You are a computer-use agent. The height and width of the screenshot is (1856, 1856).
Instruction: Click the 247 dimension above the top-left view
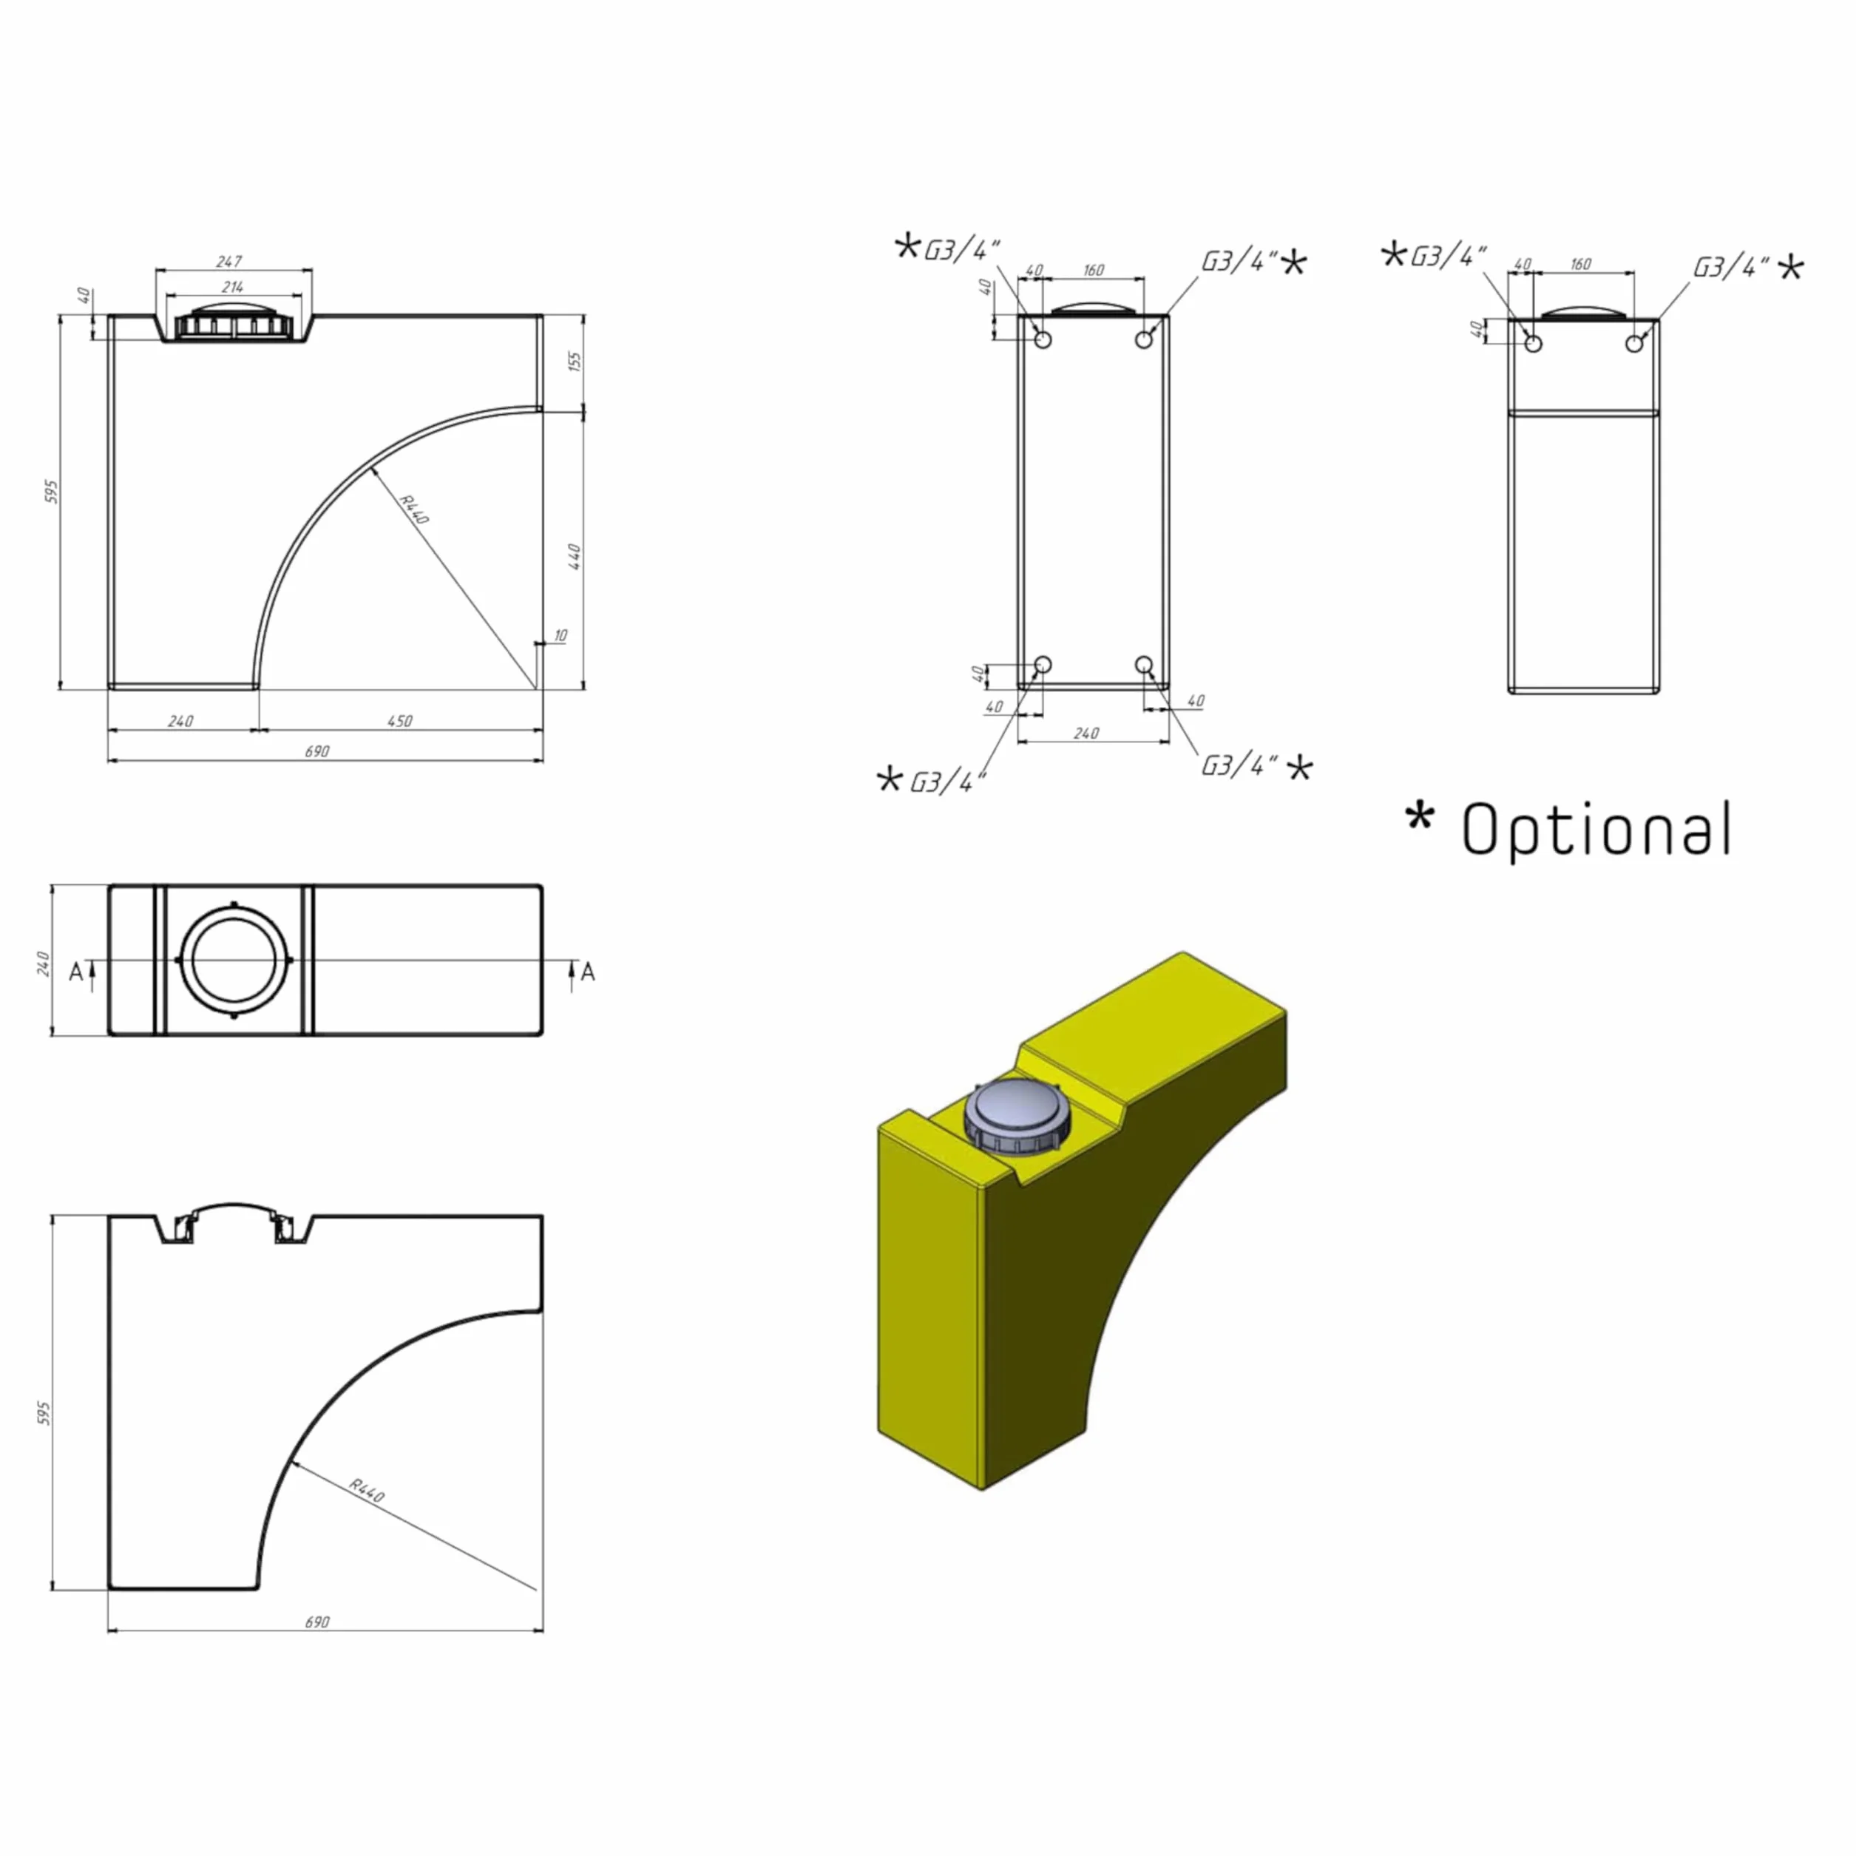(230, 260)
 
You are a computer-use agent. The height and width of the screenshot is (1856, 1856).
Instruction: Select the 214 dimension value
(231, 286)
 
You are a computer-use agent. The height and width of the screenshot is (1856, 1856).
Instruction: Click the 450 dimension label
(399, 720)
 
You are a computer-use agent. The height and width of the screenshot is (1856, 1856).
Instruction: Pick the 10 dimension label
(560, 635)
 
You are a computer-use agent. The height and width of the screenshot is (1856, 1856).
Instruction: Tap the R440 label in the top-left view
(413, 509)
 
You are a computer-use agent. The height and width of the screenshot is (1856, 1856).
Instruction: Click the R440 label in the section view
(366, 1490)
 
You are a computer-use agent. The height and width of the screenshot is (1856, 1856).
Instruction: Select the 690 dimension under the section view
(317, 1622)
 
